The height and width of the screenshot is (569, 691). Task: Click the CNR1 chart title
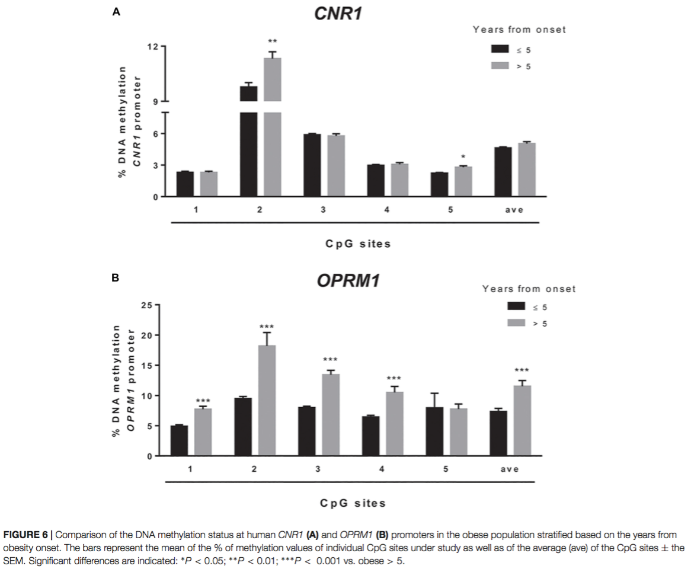pyautogui.click(x=338, y=14)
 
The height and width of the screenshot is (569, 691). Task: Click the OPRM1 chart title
pyautogui.click(x=348, y=281)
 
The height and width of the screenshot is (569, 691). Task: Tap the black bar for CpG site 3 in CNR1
pyautogui.click(x=312, y=165)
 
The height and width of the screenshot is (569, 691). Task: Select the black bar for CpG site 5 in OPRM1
pyautogui.click(x=434, y=431)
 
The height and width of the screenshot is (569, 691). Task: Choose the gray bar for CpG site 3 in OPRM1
pyautogui.click(x=330, y=415)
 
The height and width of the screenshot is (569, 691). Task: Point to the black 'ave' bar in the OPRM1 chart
pyautogui.click(x=498, y=433)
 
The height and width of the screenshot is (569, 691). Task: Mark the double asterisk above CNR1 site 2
pyautogui.click(x=273, y=41)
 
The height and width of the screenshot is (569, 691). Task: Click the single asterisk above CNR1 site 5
pyautogui.click(x=463, y=157)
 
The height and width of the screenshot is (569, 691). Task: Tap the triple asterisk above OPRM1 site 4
pyautogui.click(x=394, y=378)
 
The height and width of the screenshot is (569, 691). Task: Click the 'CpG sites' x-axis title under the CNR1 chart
pyautogui.click(x=358, y=244)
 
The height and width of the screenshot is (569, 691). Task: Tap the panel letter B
pyautogui.click(x=116, y=277)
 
